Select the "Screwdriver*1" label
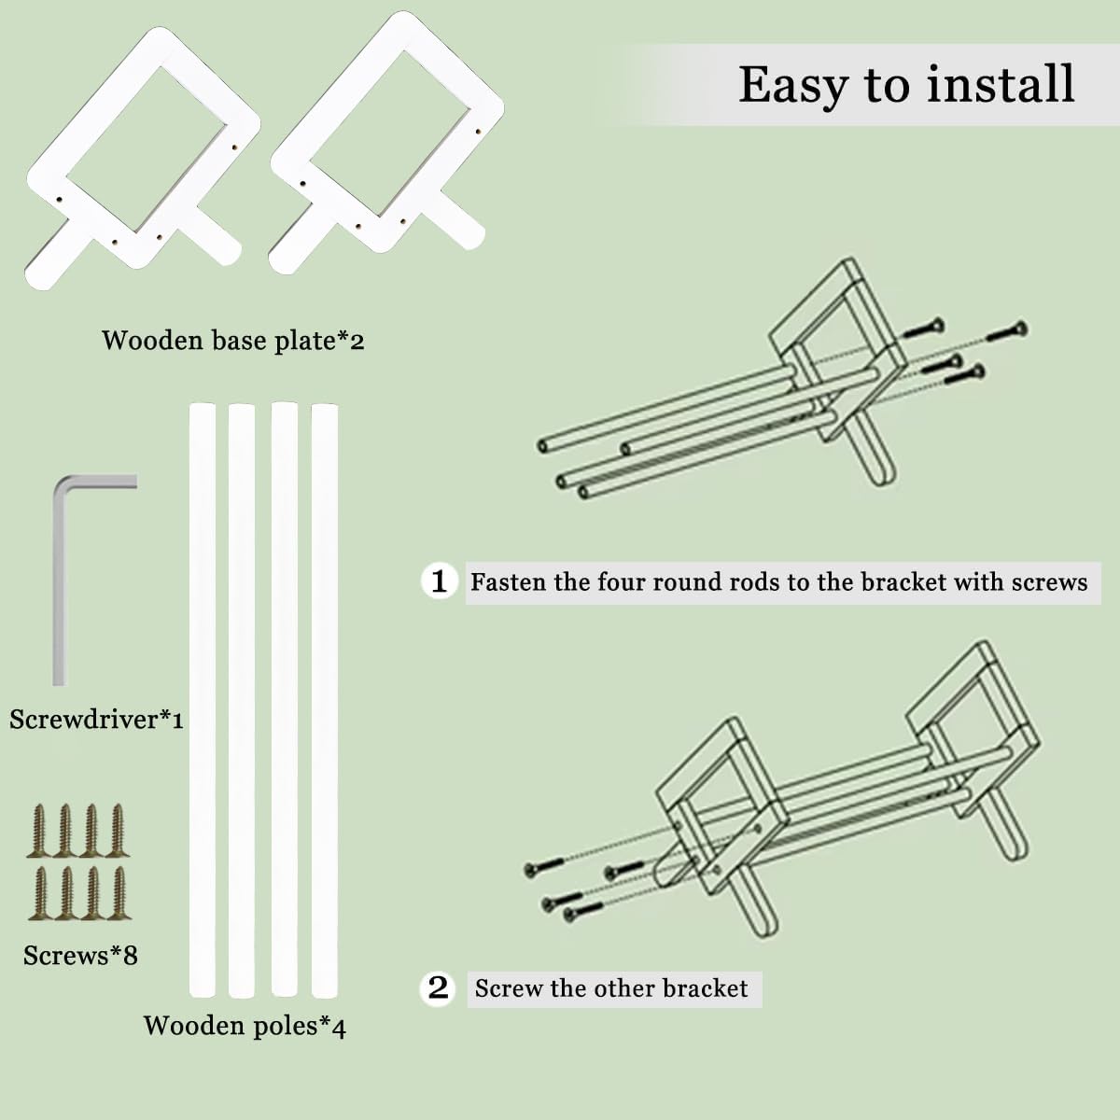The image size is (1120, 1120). tap(96, 720)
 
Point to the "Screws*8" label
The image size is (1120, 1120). tap(81, 955)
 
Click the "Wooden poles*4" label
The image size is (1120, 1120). tap(245, 1026)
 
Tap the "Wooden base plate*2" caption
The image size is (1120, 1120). tap(233, 340)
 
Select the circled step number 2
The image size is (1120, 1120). tap(439, 987)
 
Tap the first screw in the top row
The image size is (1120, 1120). tap(39, 831)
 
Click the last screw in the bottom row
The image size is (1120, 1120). tap(119, 893)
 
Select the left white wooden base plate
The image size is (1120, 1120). tap(143, 157)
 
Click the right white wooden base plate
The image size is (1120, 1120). tap(386, 143)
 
